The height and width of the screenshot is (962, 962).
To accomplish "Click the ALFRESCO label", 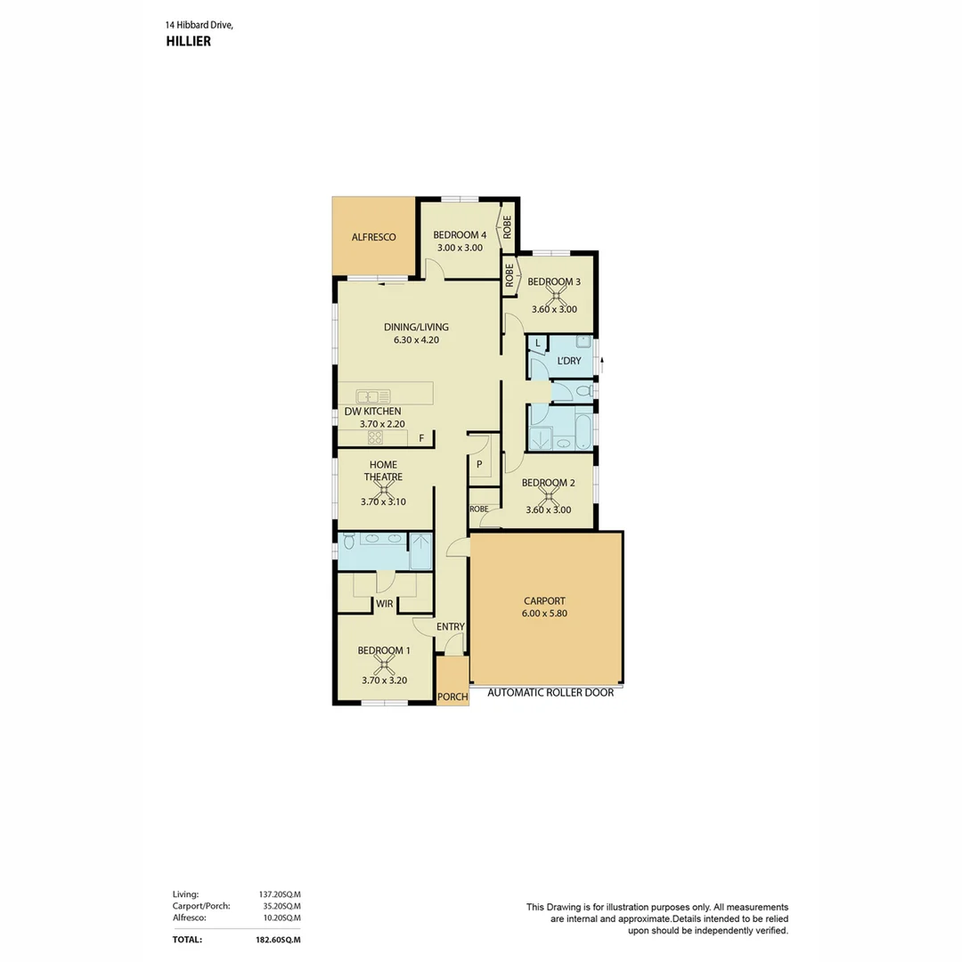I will [373, 237].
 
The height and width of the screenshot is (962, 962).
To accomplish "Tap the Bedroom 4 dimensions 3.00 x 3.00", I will [458, 248].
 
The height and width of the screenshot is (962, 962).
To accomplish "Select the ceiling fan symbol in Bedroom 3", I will [558, 296].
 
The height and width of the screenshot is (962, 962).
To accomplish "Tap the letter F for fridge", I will [421, 438].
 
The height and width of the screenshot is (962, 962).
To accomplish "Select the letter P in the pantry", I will [478, 464].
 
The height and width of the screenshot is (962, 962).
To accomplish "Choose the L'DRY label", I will [569, 361].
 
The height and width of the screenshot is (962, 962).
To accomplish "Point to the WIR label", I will [384, 603].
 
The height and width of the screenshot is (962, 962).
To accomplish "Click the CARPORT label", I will [544, 601].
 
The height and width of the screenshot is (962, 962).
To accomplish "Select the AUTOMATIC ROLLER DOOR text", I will [544, 692].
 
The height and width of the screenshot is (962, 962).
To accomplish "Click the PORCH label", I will [452, 697].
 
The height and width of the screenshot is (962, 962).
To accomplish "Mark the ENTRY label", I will [451, 626].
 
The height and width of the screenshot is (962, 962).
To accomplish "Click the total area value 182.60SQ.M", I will [278, 939].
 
